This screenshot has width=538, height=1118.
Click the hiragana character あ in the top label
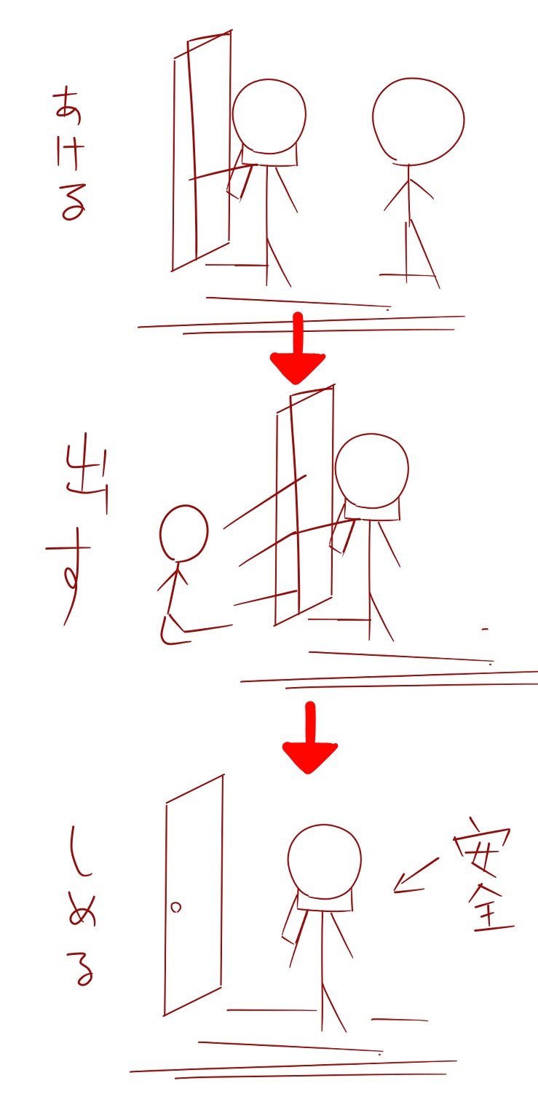coord(68,106)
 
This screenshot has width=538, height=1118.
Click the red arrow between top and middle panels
coord(298,349)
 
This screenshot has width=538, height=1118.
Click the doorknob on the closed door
coord(175,908)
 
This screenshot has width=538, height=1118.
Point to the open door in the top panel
coord(202,151)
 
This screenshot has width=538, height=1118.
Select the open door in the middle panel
coord(304,505)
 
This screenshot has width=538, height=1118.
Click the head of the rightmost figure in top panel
coord(418,122)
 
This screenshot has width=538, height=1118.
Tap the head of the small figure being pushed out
coord(183,533)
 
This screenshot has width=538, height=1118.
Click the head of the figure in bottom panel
coord(325,862)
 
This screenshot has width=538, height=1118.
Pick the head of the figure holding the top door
coord(269,116)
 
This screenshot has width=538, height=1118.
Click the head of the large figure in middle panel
coord(372,471)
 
